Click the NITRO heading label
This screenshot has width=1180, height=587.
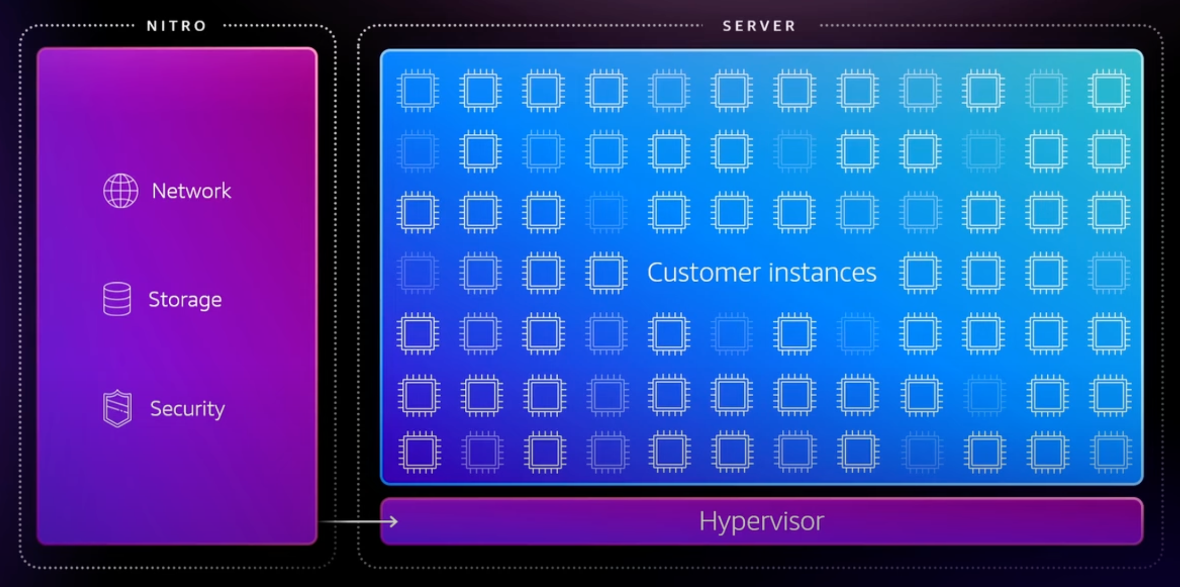[x=177, y=26]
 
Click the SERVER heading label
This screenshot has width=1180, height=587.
[x=759, y=26]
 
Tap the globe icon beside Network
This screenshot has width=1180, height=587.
[x=120, y=191]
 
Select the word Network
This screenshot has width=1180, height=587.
[x=191, y=191]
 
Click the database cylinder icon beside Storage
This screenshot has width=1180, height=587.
[x=117, y=299]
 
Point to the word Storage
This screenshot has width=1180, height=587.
[x=185, y=299]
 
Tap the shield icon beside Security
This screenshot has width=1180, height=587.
[x=117, y=409]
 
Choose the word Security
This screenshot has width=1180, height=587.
[x=187, y=409]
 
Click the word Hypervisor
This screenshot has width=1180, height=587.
[x=761, y=521]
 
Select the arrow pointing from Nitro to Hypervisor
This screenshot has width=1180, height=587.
[x=358, y=521]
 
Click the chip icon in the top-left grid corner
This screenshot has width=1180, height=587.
[x=418, y=90]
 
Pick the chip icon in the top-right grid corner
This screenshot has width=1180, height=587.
[x=1109, y=90]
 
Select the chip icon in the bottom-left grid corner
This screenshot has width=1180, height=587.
[x=420, y=452]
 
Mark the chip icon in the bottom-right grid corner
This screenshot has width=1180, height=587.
[x=1110, y=452]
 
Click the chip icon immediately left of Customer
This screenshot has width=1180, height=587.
[x=606, y=273]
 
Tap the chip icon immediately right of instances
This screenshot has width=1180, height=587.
[x=920, y=273]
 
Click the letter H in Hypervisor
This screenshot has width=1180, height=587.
[x=707, y=521]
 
